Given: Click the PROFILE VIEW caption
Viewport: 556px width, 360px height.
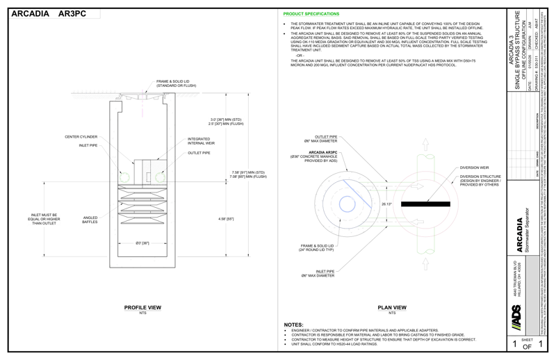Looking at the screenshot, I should point(143,308).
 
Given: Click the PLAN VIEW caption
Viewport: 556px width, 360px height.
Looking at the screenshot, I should point(391,308).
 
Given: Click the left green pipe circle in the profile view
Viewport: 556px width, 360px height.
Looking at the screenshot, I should point(124,177).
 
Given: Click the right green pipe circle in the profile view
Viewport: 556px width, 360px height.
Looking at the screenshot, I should point(161,177).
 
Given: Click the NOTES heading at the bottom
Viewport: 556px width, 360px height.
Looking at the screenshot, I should point(294,325).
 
